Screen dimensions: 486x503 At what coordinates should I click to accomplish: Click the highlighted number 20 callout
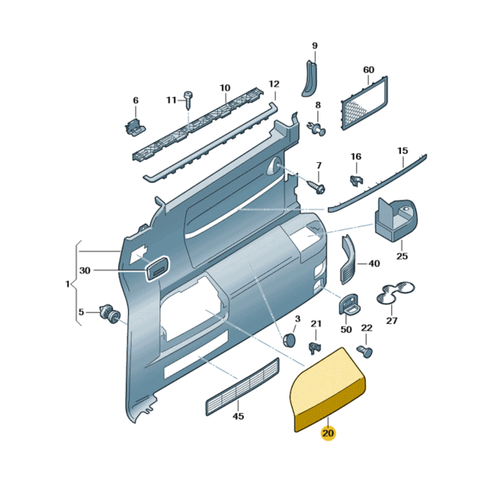(x=327, y=433)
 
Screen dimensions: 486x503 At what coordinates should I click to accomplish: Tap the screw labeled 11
(x=188, y=99)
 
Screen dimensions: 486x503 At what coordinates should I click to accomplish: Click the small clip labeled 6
(x=135, y=127)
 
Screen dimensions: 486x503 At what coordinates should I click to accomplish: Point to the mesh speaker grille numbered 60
(x=364, y=103)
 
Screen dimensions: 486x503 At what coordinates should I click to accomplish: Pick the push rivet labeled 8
(x=318, y=128)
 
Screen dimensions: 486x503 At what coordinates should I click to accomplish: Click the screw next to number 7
(x=316, y=188)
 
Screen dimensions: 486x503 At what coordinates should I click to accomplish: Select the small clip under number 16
(x=356, y=181)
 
